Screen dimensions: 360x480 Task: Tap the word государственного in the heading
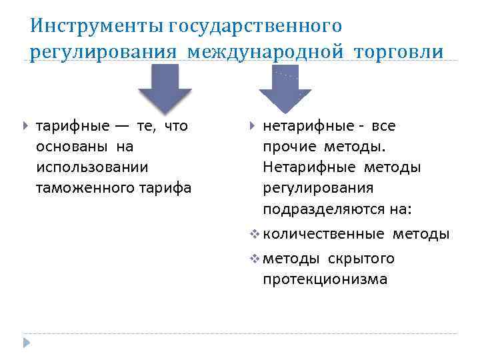point(256,26)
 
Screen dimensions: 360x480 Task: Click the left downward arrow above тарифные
point(164,89)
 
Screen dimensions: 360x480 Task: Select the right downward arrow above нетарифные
point(284,89)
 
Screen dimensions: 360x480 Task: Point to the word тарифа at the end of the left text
point(162,188)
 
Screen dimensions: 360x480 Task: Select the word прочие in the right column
point(291,146)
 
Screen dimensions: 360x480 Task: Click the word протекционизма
point(325,279)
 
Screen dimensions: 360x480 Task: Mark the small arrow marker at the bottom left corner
point(26,342)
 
